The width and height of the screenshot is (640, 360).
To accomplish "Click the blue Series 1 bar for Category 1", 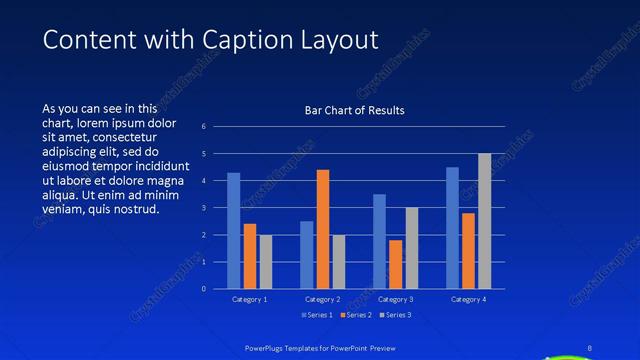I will (233, 231).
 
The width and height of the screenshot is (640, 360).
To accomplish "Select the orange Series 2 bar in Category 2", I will (323, 229).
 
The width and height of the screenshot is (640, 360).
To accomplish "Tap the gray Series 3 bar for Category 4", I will (485, 221).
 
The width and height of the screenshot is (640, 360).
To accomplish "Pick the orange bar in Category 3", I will (395, 264).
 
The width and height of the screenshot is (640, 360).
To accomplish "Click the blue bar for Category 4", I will (452, 228).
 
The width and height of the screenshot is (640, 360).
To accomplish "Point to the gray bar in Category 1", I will (265, 262).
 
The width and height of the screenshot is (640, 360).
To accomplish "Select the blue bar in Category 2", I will (306, 255).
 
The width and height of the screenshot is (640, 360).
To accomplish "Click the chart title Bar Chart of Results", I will (354, 110).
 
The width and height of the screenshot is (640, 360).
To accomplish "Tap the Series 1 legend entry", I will (318, 315).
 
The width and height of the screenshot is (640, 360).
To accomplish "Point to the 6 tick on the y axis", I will (203, 127).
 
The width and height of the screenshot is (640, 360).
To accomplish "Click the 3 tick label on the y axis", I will (203, 208).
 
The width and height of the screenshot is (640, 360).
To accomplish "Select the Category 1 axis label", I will (249, 299).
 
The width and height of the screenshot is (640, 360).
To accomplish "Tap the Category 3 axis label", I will (394, 299).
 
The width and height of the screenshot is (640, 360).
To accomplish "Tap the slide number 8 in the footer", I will (589, 348).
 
